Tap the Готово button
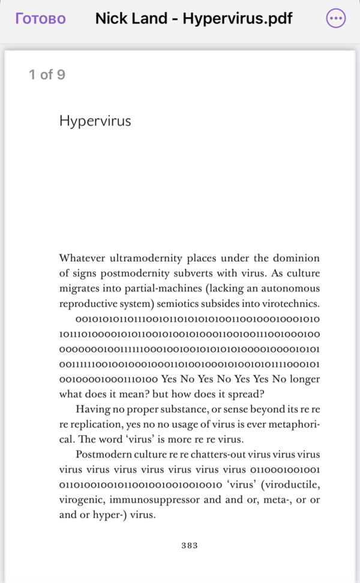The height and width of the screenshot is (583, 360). [x=40, y=19]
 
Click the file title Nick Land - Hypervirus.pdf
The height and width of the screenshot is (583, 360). [x=194, y=19]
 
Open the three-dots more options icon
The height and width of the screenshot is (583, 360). [x=336, y=19]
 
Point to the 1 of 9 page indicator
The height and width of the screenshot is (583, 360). [x=47, y=75]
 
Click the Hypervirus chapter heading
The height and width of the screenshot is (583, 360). [x=95, y=121]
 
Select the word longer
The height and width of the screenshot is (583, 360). [x=304, y=379]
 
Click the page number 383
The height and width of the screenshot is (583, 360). [x=190, y=546]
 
